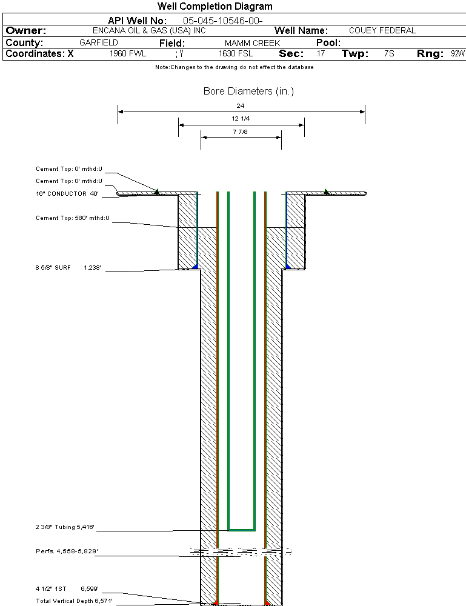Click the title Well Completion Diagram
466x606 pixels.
[x=215, y=7]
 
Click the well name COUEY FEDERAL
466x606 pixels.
[x=382, y=31]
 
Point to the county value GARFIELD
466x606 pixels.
[x=99, y=43]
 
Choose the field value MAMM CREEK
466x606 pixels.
[x=252, y=44]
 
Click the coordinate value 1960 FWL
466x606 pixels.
[x=128, y=54]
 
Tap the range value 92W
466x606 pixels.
[x=458, y=54]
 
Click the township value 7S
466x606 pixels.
[x=389, y=54]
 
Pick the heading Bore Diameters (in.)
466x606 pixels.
[x=248, y=92]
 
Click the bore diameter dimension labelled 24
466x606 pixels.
[x=241, y=106]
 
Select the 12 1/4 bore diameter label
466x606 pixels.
[x=241, y=119]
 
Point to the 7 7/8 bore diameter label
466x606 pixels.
[x=241, y=132]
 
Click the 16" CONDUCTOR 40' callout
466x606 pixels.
[x=67, y=194]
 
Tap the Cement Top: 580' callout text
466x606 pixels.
[x=72, y=218]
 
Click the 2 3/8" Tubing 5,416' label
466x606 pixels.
[x=66, y=527]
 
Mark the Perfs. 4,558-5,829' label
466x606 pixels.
[x=67, y=551]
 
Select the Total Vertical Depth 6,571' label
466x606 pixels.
[x=74, y=601]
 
